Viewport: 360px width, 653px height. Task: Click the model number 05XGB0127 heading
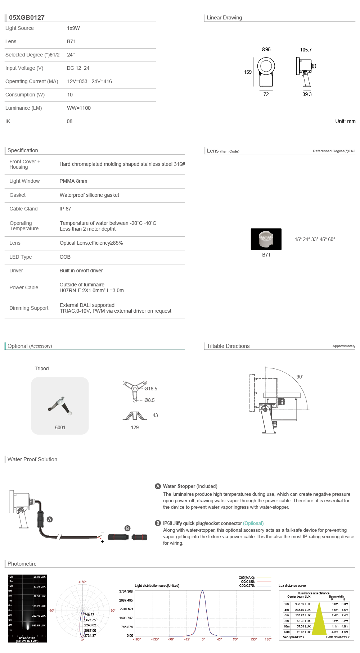pos(27,18)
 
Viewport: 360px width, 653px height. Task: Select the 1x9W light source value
pos(73,28)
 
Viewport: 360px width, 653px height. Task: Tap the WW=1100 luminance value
pos(79,108)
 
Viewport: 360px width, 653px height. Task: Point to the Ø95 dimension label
pos(266,50)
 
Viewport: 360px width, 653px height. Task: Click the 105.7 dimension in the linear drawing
pos(306,50)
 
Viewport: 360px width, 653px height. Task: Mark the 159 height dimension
pos(248,72)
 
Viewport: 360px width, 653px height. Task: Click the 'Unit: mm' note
pos(345,121)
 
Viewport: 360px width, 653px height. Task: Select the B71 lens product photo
pos(266,239)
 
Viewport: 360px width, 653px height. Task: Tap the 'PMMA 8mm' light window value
pos(73,181)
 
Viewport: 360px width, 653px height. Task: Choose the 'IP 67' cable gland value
pos(66,209)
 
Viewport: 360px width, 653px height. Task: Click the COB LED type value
pos(65,257)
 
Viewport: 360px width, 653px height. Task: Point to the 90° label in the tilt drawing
pos(300,377)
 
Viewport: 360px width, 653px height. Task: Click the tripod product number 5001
pos(60,427)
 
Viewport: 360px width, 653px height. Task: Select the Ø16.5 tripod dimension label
pos(151,389)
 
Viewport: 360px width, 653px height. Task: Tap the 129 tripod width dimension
pos(135,427)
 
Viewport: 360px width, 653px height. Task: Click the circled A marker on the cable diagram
pos(50,519)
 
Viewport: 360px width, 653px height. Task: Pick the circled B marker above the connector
pos(127,528)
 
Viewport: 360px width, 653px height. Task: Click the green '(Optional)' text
pos(253,523)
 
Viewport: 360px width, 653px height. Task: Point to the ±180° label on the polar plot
pos(82,582)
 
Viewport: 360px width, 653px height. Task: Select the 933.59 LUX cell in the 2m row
pos(303,604)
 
